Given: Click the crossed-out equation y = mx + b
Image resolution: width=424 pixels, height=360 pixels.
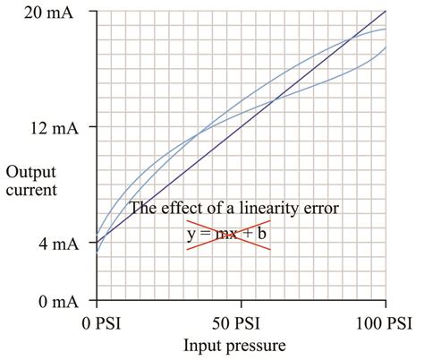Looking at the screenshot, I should [227, 235].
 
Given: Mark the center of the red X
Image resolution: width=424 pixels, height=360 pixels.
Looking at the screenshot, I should [228, 235].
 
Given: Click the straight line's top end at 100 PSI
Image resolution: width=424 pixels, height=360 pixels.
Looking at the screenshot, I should [386, 12].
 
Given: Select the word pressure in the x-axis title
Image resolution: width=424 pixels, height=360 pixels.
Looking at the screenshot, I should [259, 344].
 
